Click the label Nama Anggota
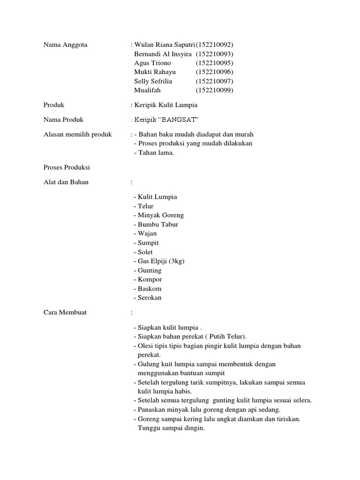tap(65, 45)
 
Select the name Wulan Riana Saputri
tap(165, 45)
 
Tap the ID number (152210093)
tap(215, 54)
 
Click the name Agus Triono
tap(152, 63)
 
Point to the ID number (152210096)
tap(215, 72)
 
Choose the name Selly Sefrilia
tap(153, 81)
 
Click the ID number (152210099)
tap(215, 90)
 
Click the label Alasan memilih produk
tap(77, 135)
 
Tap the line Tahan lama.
tap(155, 152)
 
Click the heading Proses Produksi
tap(66, 167)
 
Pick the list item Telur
tap(145, 206)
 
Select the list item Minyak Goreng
tap(160, 215)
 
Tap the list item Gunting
tap(149, 270)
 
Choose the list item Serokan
tap(149, 298)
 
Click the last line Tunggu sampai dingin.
tap(171, 428)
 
